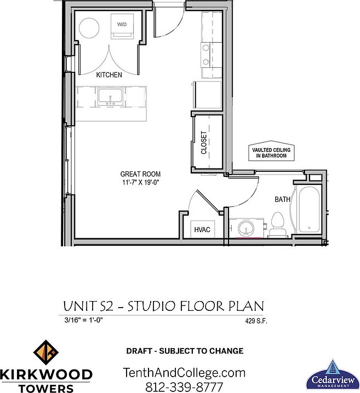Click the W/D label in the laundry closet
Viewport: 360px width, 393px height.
(122, 24)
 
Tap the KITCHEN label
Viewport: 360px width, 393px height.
(109, 75)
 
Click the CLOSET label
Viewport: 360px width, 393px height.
(204, 142)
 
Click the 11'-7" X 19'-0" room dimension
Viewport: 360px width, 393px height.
(140, 182)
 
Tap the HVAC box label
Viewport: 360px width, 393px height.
(202, 230)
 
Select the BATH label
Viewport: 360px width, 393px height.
(282, 200)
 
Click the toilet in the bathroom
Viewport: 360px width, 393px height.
(277, 225)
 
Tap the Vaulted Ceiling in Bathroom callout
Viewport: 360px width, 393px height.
(271, 153)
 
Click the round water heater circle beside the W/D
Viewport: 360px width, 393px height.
(89, 27)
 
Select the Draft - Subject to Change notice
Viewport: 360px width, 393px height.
(185, 351)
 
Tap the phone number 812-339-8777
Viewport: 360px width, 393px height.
(184, 387)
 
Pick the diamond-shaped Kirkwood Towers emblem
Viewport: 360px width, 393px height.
(46, 352)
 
